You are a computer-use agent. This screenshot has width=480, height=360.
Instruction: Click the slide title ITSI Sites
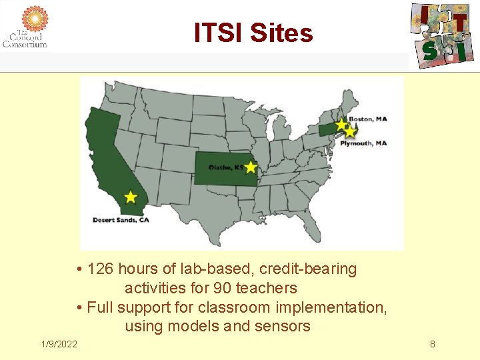pyautogui.click(x=253, y=32)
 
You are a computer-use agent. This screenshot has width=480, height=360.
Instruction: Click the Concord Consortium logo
pyautogui.click(x=25, y=27)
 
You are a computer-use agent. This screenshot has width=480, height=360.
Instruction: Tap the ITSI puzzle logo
pyautogui.click(x=441, y=33)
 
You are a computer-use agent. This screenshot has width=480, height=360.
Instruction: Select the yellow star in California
pyautogui.click(x=131, y=197)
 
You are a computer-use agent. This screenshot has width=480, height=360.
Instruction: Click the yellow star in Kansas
pyautogui.click(x=250, y=167)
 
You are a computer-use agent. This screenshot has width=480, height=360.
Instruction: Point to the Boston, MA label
pyautogui.click(x=372, y=119)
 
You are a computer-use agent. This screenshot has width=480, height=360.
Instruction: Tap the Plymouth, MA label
pyautogui.click(x=364, y=143)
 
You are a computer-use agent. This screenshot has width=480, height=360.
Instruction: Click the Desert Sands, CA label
pyautogui.click(x=120, y=219)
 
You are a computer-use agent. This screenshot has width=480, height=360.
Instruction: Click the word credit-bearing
pyautogui.click(x=308, y=269)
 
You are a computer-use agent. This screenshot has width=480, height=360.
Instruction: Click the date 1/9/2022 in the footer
pyautogui.click(x=59, y=344)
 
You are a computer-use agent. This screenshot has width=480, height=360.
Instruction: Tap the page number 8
pyautogui.click(x=432, y=344)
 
